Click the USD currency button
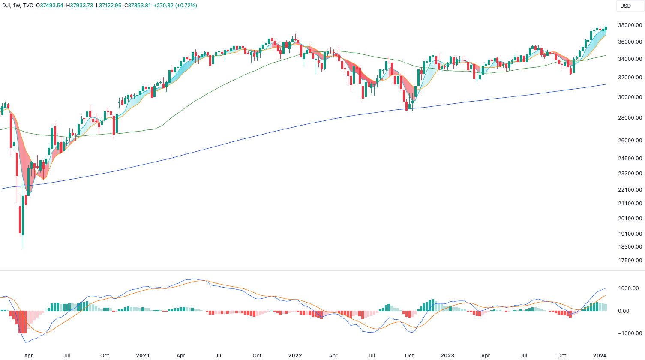pos(625,6)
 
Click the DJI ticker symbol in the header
pos(6,6)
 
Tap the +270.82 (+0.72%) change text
pos(175,6)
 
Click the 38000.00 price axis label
pos(630,25)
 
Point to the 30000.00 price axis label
pos(630,97)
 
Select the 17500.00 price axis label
pos(630,261)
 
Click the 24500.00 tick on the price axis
pos(630,159)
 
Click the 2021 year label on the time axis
pos(143,355)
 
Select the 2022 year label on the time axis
pos(295,355)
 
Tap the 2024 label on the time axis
pos(600,355)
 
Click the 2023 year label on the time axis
pos(447,355)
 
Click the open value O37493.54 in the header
pos(49,6)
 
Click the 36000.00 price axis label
pos(630,42)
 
